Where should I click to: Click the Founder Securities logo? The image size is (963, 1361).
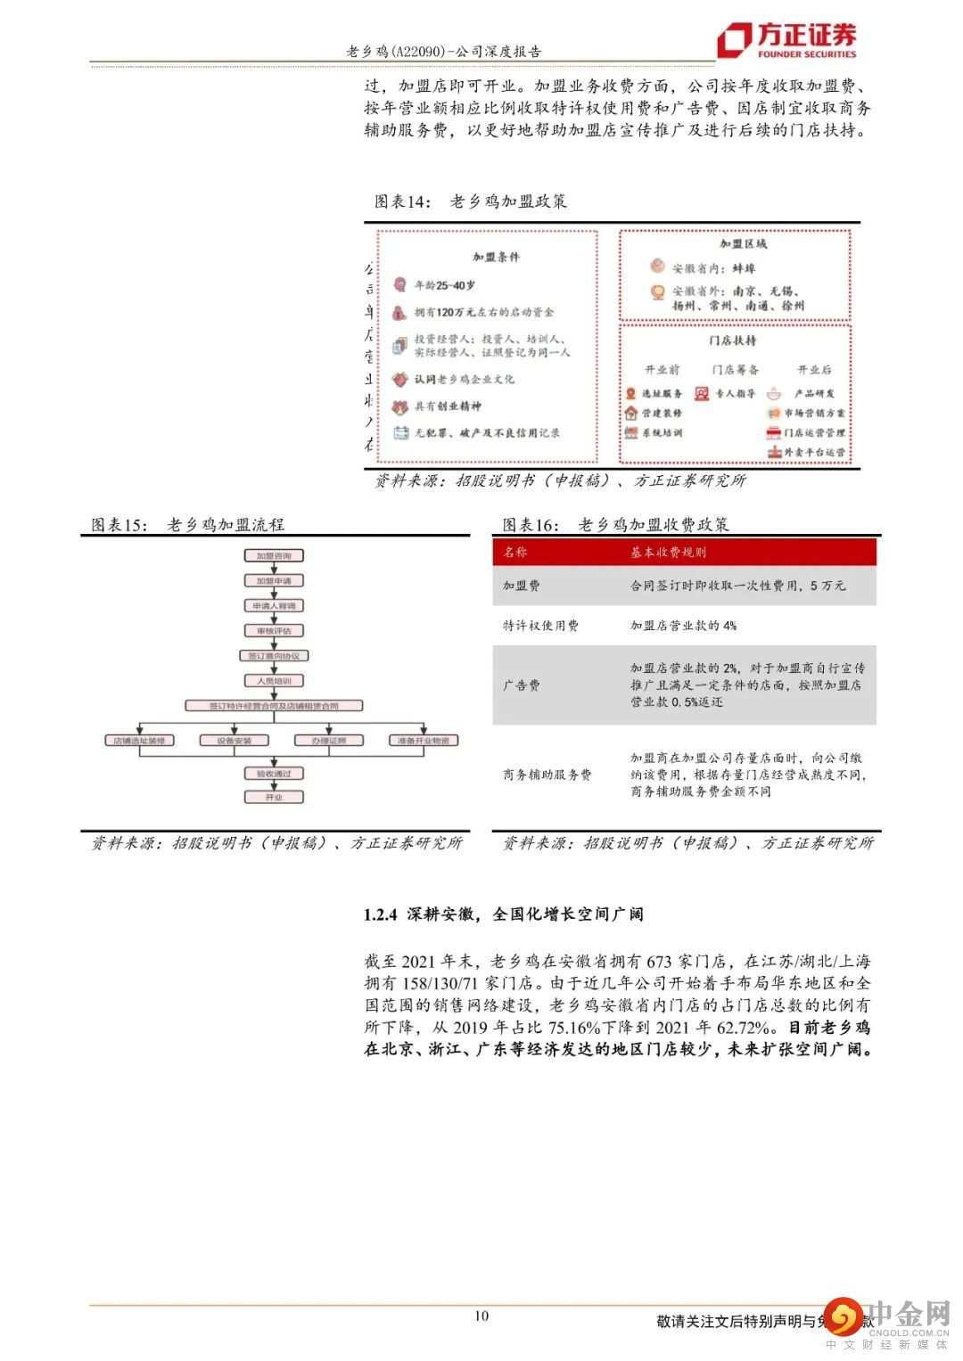tap(787, 39)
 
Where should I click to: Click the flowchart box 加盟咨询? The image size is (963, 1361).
tap(274, 555)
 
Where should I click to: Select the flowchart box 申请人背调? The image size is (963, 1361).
tap(274, 606)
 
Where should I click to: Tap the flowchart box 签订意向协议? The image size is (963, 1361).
tap(274, 656)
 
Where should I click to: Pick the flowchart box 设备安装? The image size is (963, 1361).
tap(234, 741)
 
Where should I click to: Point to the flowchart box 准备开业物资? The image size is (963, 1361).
tap(424, 741)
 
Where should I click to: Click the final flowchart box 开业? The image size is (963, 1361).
tap(274, 797)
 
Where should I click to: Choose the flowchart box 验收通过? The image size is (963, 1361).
tap(274, 774)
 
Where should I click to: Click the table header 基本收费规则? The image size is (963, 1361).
tap(668, 553)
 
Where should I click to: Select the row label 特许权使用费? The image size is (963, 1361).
tap(540, 626)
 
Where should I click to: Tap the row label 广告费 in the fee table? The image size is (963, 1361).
tap(522, 685)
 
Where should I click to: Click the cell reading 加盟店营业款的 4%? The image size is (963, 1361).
tap(683, 626)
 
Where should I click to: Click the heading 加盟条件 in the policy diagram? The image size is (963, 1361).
tap(496, 258)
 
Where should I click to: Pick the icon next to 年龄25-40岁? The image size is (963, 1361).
tap(399, 285)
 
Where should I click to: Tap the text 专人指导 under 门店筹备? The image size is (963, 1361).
tap(736, 393)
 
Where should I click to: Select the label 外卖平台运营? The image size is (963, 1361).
tap(814, 453)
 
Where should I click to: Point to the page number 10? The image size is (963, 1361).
tap(481, 1316)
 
